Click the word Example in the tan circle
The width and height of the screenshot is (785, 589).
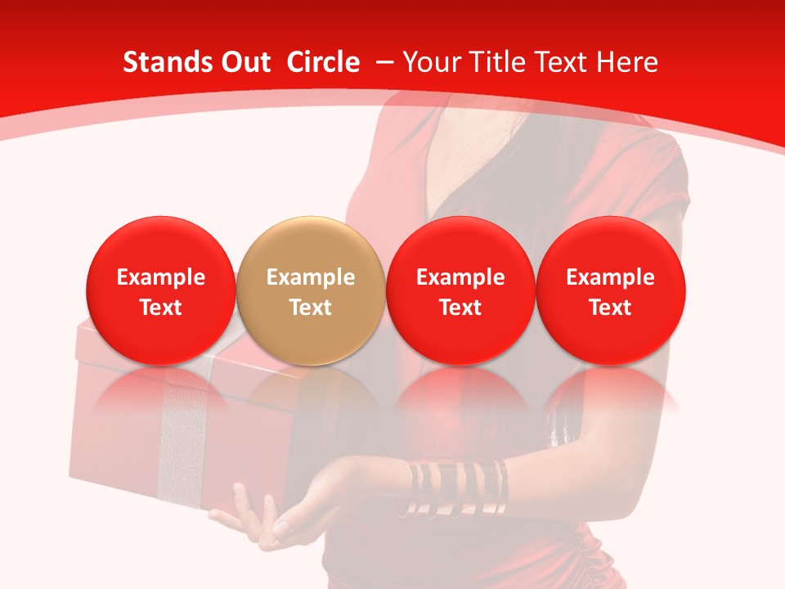[x=310, y=278]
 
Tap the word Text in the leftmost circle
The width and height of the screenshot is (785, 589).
[x=160, y=308]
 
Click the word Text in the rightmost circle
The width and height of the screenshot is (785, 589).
[x=610, y=308]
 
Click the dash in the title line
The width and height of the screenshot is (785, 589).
[x=384, y=62]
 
